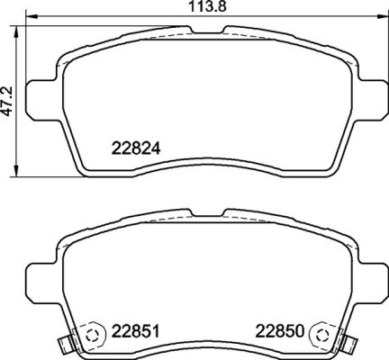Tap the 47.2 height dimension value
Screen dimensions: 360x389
[x=9, y=99]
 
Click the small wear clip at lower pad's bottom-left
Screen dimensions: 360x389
[x=62, y=345]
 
